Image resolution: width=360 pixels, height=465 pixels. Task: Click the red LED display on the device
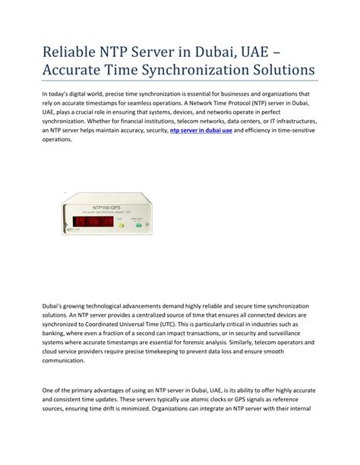click(x=91, y=221)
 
